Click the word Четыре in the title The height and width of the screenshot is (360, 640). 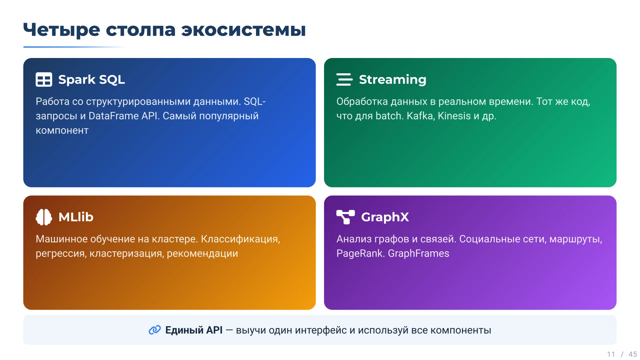61,30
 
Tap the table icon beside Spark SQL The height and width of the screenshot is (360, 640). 44,80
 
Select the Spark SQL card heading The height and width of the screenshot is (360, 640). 91,80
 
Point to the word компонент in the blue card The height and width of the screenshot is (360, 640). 62,130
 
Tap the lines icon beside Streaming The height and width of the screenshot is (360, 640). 344,80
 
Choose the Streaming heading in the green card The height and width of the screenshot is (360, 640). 392,80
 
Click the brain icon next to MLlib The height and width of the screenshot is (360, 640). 44,217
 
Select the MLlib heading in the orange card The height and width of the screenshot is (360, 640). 76,217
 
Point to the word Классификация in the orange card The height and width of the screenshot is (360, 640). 240,239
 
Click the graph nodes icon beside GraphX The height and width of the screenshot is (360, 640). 345,217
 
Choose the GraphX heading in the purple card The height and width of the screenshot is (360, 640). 385,217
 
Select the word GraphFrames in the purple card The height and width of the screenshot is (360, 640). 418,254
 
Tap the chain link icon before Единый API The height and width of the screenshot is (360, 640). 155,330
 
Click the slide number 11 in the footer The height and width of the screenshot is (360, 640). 611,354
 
